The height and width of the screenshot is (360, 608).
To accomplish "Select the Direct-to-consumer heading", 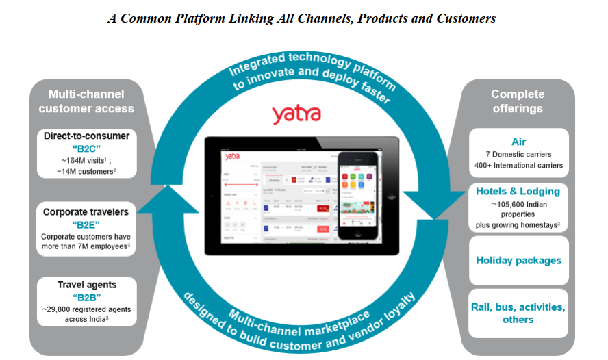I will [x=86, y=136].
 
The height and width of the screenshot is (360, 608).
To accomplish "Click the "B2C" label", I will [x=86, y=149].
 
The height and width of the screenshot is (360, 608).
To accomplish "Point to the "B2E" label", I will [x=86, y=224].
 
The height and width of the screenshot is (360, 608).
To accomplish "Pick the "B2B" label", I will [x=86, y=296].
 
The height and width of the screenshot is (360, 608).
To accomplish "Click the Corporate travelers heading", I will [x=86, y=212].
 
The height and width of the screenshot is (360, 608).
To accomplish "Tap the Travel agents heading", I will [x=86, y=284].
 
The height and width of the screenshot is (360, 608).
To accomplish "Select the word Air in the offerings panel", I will [x=518, y=142].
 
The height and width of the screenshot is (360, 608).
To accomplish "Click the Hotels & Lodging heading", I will [x=518, y=191].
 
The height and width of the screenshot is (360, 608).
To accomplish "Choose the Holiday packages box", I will [x=518, y=260].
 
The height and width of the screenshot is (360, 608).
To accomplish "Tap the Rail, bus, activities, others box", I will [x=518, y=313].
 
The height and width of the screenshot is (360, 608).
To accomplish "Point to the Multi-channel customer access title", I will [x=86, y=101].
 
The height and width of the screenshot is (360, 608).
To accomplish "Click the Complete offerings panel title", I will [x=518, y=101].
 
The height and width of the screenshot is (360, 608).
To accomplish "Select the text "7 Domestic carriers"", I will [x=518, y=154].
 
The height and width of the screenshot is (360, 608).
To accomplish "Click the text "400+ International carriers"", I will [x=518, y=165].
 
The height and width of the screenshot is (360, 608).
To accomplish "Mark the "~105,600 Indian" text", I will [x=518, y=203].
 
